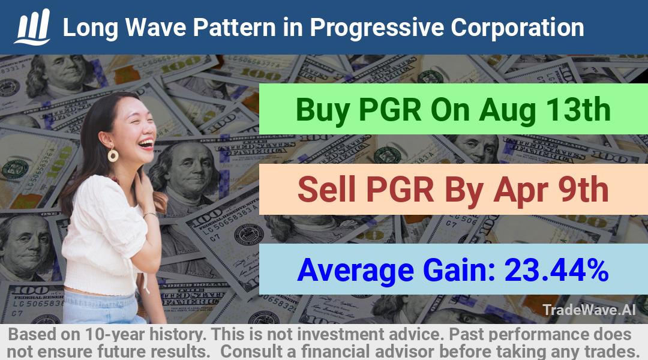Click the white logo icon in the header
pos(32,26)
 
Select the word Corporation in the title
pos(517,28)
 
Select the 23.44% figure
pos(557,270)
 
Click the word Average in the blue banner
pos(355,271)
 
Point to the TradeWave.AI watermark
pos(589,310)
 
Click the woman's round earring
pos(113,155)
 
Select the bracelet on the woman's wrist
pos(149,214)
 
